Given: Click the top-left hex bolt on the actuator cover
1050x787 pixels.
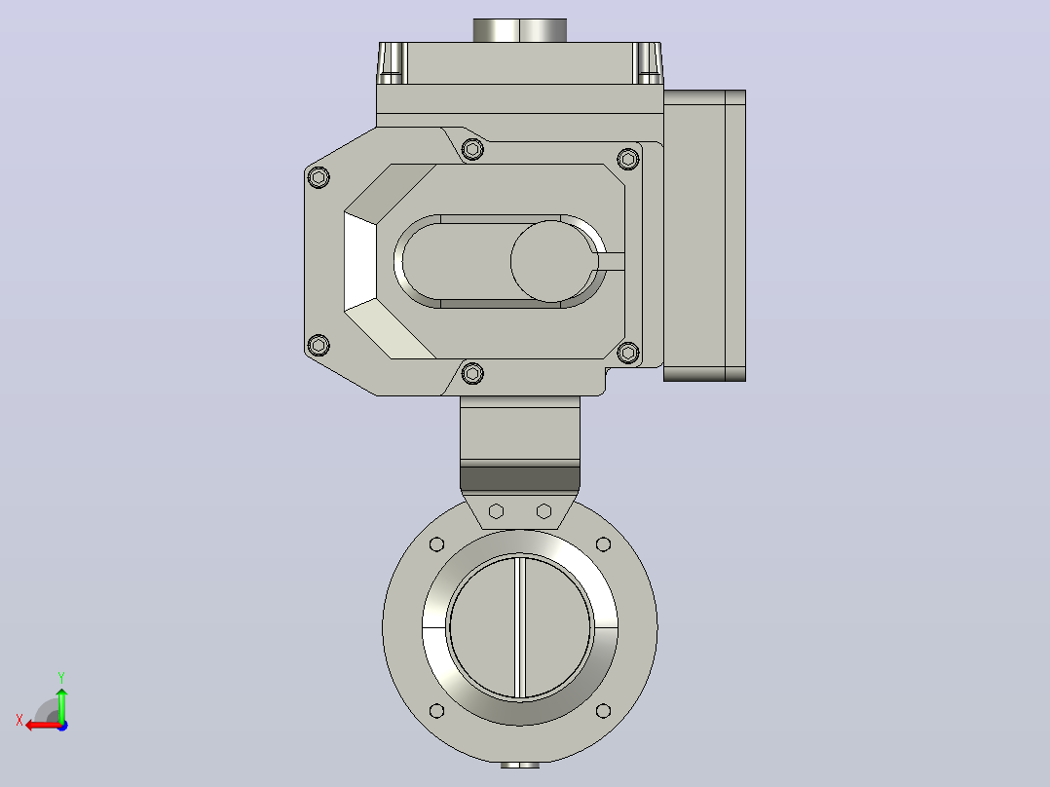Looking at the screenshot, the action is point(319,177).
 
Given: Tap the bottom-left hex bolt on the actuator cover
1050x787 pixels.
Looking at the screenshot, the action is point(319,346).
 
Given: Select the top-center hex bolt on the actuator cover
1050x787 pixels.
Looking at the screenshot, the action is point(472,149).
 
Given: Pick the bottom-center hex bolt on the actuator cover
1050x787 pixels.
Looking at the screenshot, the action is point(472,373).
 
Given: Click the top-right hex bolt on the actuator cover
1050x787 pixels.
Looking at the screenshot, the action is point(628,160).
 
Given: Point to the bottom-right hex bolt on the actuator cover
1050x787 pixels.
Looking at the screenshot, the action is point(628,353).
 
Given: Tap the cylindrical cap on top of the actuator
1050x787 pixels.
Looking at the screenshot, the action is point(520,30).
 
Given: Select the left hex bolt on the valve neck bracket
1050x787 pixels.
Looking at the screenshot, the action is point(496,511).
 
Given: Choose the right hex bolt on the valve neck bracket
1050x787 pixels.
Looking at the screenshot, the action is point(544,511).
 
